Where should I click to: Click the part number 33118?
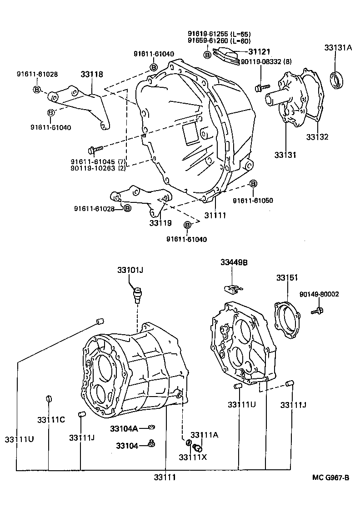[x=92, y=74]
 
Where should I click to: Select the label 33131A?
[x=338, y=48]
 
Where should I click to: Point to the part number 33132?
[x=317, y=137]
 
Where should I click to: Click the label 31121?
[x=259, y=52]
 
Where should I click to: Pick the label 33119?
[x=160, y=223]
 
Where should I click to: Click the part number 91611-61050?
[x=253, y=200]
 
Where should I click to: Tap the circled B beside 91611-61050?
[x=253, y=184]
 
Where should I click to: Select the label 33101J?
[x=130, y=270]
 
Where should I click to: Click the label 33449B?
[x=234, y=262]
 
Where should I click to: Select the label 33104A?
[x=123, y=428]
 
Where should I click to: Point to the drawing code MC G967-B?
[x=330, y=477]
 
